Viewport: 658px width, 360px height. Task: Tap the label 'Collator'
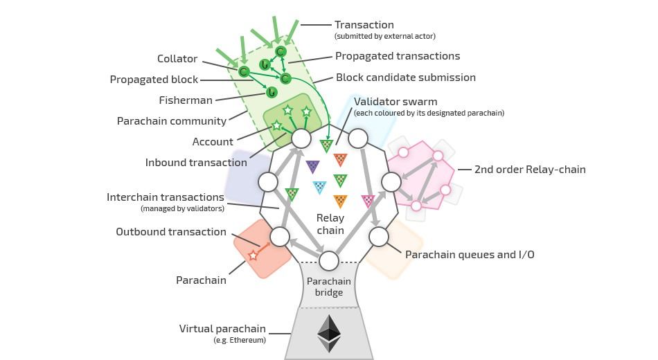click(177, 59)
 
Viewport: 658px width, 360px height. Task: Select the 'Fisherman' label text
click(186, 100)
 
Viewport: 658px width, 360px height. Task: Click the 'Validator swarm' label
click(395, 102)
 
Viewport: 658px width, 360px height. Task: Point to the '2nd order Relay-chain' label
click(531, 169)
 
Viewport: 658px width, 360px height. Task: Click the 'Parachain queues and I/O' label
click(470, 255)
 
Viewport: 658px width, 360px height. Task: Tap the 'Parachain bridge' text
click(329, 287)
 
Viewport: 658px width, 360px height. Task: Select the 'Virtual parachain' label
click(222, 329)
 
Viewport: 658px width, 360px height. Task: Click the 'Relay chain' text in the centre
click(330, 224)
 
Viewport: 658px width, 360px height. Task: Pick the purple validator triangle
click(312, 166)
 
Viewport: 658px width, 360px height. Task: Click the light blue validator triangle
click(319, 187)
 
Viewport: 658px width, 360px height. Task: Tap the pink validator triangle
click(368, 201)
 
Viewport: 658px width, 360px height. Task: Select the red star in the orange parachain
click(253, 255)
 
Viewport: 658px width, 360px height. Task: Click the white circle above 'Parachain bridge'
click(329, 261)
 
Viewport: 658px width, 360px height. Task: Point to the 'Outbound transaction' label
click(171, 232)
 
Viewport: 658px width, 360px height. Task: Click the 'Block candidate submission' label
click(406, 78)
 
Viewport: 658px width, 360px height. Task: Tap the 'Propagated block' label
click(154, 80)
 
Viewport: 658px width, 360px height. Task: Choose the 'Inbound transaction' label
click(196, 163)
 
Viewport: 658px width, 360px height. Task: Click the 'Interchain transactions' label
click(166, 197)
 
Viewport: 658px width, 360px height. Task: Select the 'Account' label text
click(213, 142)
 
